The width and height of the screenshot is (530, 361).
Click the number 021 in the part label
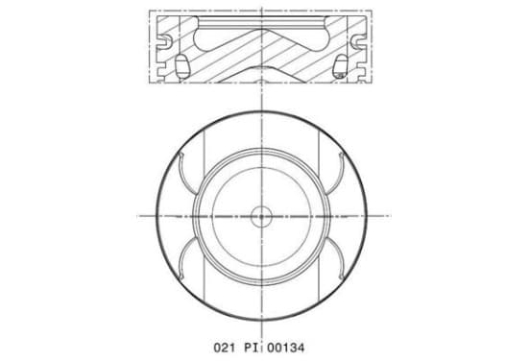pyautogui.click(x=224, y=348)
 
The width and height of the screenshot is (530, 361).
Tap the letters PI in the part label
pyautogui.click(x=252, y=348)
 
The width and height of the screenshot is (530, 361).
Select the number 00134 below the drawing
pyautogui.click(x=285, y=348)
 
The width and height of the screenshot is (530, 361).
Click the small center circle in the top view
pyautogui.click(x=261, y=216)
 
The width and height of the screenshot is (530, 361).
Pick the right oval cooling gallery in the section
pyautogui.click(x=341, y=65)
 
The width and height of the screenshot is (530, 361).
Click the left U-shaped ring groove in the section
pyautogui.click(x=165, y=41)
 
